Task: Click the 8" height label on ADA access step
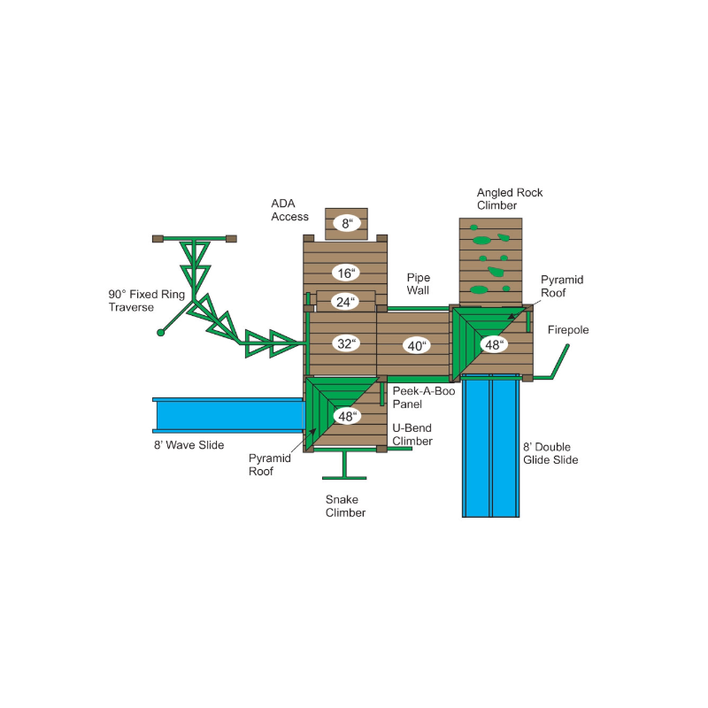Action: pyautogui.click(x=346, y=223)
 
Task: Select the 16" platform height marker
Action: pyautogui.click(x=346, y=273)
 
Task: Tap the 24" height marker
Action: pyautogui.click(x=345, y=302)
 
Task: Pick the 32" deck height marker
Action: pyautogui.click(x=346, y=343)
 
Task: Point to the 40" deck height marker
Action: pyautogui.click(x=416, y=346)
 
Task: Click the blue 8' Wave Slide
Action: pyautogui.click(x=228, y=415)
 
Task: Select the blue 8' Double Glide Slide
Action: pyautogui.click(x=491, y=446)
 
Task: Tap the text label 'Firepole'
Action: pyautogui.click(x=568, y=330)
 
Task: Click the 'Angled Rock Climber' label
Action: pyautogui.click(x=510, y=199)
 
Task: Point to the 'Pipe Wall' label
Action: pyautogui.click(x=418, y=284)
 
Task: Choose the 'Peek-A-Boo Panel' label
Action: pyautogui.click(x=424, y=397)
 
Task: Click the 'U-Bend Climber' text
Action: pyautogui.click(x=412, y=435)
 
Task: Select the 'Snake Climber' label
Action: pyautogui.click(x=345, y=506)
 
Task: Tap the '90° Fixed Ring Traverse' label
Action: pyautogui.click(x=147, y=301)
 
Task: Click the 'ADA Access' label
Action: pyautogui.click(x=289, y=210)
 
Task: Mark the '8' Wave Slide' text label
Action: pyautogui.click(x=189, y=445)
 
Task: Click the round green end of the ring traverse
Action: pyautogui.click(x=160, y=333)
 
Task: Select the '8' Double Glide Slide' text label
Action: pyautogui.click(x=550, y=453)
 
